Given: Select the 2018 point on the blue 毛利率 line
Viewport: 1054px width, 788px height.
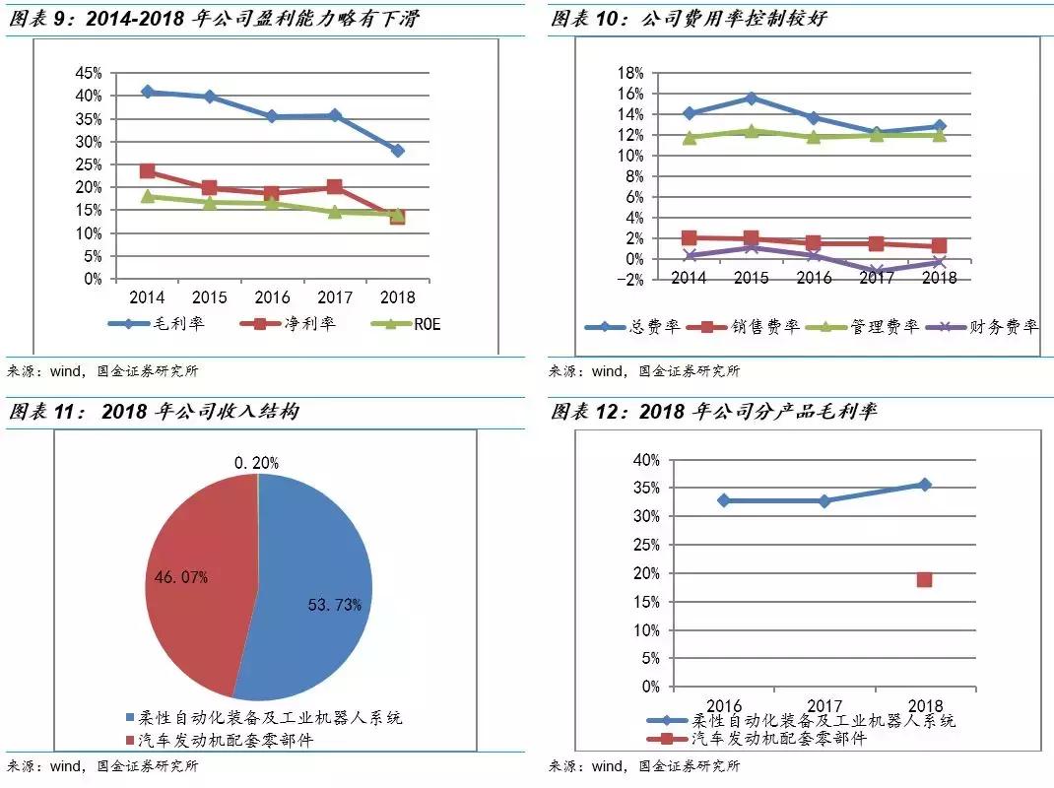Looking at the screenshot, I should coord(398,151).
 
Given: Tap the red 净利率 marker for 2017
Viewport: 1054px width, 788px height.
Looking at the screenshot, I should coord(335,186).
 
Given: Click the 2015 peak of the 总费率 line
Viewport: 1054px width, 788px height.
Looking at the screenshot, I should coord(752,98).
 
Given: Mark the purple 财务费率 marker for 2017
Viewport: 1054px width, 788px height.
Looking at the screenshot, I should coord(877,271).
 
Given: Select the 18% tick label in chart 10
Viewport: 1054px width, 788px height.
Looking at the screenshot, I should coord(629,73).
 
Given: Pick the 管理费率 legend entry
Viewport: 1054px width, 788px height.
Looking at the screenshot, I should coord(858,327).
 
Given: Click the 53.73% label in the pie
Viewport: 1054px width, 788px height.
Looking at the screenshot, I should coord(334,605).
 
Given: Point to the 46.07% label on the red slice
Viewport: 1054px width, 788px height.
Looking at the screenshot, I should coord(179,577).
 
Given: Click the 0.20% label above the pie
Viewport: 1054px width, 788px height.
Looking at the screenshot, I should coord(256,462).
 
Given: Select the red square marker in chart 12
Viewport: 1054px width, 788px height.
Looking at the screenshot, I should coord(924,579).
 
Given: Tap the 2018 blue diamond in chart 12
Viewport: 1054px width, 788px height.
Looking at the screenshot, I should coord(924,485).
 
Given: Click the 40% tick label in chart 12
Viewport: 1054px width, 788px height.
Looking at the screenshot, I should coord(646,460).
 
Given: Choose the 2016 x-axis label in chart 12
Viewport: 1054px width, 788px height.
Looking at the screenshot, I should coord(723,705).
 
